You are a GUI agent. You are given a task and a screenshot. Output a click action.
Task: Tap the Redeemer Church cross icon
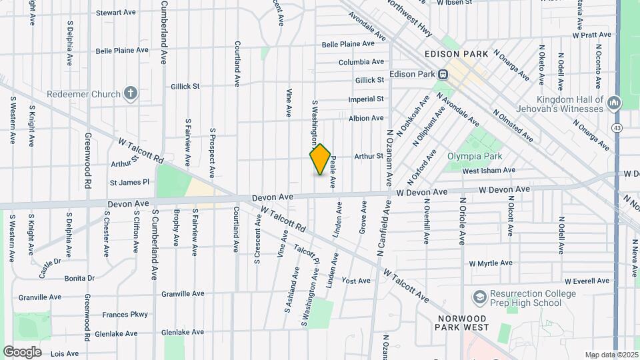coord(131,93)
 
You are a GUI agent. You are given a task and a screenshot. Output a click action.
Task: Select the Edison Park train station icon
coord(441,75)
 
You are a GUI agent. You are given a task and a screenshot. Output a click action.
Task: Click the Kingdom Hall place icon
coord(613,103)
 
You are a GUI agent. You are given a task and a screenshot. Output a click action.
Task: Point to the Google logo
coord(23,352)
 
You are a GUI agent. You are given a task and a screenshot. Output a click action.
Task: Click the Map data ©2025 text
coord(611,355)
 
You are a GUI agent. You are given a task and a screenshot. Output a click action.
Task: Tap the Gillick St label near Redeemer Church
coord(185,86)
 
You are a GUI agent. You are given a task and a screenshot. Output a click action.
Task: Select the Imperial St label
coord(366,99)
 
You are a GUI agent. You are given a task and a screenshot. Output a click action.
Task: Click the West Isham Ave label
coord(489,171)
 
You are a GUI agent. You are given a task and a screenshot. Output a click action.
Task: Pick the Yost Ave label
coord(355,281)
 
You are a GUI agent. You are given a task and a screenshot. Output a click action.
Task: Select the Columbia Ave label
coord(361,62)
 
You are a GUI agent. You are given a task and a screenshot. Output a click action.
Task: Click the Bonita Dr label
coord(79,278)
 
